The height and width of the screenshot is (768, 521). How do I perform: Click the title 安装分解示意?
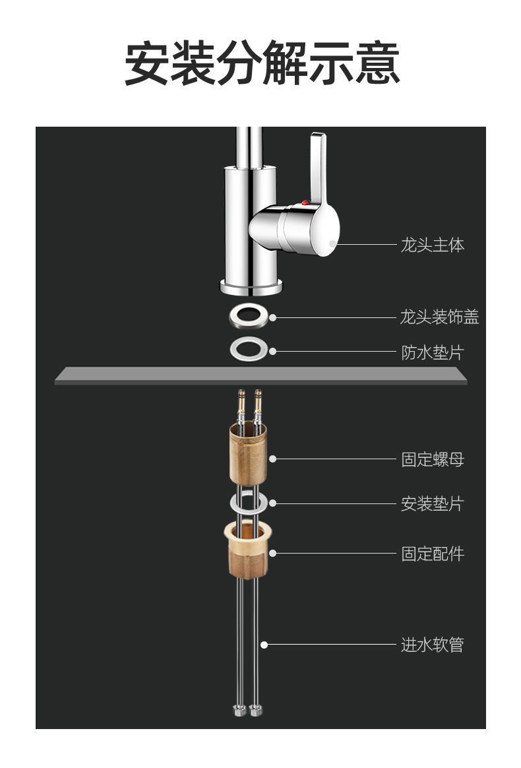[262, 64]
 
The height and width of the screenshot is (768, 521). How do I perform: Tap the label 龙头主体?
[433, 245]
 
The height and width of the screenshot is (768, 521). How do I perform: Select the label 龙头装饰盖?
[439, 317]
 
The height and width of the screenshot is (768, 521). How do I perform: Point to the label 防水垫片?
[433, 352]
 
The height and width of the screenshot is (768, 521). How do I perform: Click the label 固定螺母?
[433, 459]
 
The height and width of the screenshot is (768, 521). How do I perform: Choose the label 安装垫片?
[433, 504]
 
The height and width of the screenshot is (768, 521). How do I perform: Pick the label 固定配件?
[433, 553]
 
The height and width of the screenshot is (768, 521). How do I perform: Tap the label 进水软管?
[433, 645]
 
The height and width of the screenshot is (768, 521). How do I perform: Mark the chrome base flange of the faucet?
[251, 286]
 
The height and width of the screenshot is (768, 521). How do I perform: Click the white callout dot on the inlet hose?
[264, 645]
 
